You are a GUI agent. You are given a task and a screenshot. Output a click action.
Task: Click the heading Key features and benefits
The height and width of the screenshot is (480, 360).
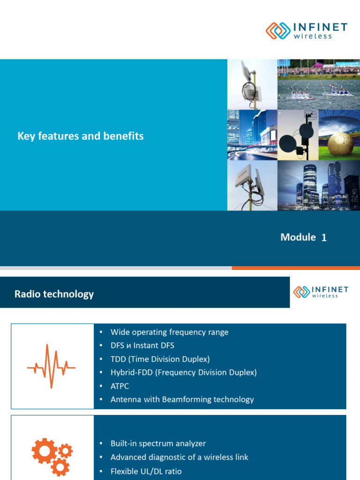point(81,136)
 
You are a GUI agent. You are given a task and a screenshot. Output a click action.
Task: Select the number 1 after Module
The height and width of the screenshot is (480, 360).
point(324,238)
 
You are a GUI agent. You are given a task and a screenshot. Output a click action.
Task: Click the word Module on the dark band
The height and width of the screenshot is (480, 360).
point(298,237)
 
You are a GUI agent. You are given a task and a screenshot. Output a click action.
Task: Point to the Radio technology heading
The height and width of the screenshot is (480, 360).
point(54,294)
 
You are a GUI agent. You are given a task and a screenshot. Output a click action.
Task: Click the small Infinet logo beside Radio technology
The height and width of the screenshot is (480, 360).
point(321,292)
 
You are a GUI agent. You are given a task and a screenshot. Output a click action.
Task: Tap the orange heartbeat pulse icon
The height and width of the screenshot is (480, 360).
point(52,367)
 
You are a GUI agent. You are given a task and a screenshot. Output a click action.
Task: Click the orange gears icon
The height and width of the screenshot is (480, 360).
point(52,456)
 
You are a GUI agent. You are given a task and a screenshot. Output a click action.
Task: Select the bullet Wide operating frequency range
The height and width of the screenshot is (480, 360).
point(169,332)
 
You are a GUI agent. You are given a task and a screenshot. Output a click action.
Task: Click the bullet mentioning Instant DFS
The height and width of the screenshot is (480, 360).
point(142,345)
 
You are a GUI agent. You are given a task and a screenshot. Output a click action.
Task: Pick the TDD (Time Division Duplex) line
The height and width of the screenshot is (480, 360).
point(160,359)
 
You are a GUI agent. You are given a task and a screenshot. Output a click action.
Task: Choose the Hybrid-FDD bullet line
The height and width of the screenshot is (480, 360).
point(183,373)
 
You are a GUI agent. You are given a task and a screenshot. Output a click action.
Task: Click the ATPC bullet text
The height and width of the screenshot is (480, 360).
point(120,386)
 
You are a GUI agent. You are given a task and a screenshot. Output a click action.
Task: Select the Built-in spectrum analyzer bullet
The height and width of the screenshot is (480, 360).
point(158,443)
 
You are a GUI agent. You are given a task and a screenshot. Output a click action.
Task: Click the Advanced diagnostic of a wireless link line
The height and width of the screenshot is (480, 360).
point(179,457)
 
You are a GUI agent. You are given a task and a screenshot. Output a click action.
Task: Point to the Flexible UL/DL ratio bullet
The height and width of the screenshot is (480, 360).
point(146,471)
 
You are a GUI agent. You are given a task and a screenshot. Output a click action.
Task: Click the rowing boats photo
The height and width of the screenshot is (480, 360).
point(318,84)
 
